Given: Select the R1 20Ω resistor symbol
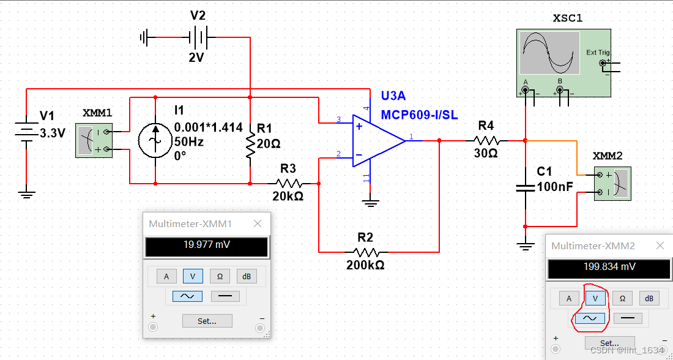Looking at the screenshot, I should coord(250,146).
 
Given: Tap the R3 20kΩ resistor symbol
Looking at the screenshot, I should coord(288,183).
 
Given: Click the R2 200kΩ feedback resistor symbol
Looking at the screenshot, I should coord(365,252).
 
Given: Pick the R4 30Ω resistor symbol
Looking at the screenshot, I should coord(486,140).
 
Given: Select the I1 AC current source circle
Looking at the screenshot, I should coord(155,140).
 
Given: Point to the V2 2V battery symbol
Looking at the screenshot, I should coord(198,38).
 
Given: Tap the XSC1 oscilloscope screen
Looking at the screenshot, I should coord(549,53).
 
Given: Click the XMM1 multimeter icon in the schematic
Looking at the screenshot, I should coord(94,140).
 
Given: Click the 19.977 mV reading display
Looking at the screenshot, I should coord(206,247).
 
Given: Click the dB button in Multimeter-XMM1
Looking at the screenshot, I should coord(247,276).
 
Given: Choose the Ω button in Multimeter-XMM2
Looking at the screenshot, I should coord(622,298).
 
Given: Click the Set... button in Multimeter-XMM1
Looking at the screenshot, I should coord(207,321).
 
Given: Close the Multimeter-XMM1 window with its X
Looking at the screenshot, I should coord(258,224).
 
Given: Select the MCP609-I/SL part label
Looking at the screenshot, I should coord(419,115).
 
